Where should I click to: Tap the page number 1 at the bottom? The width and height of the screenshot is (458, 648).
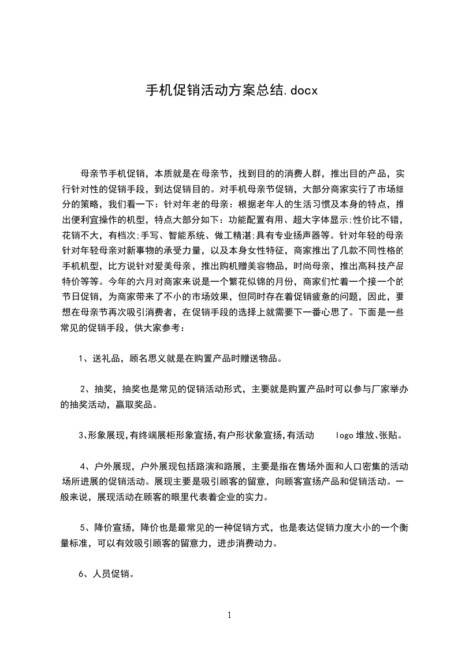(229, 615)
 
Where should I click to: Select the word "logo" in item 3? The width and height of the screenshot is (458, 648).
(345, 435)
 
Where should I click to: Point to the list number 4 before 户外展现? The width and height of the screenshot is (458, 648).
(83, 466)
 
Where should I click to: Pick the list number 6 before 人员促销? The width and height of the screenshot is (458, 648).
(81, 575)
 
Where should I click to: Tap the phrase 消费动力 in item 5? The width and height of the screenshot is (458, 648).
(251, 543)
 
